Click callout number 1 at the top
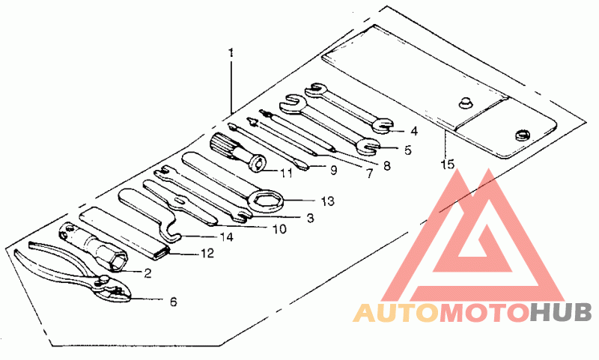(231, 53)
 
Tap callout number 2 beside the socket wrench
(148, 273)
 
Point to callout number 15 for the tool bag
(447, 164)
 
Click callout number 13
(326, 201)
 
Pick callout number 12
(207, 254)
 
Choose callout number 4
(413, 129)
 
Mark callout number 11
(285, 174)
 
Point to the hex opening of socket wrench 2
(115, 261)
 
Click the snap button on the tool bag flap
(464, 103)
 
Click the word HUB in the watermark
(562, 312)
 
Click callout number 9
(332, 170)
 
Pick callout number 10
(279, 229)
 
